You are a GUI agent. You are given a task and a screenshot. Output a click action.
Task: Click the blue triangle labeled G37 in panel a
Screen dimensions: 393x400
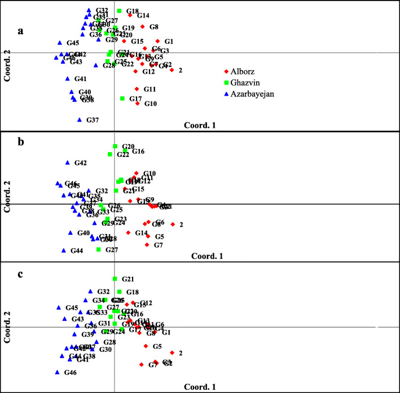click(x=80, y=119)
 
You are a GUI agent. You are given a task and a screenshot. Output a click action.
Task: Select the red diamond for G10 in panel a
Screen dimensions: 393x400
click(x=138, y=104)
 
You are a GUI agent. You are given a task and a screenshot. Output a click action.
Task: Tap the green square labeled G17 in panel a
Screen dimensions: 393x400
click(x=122, y=99)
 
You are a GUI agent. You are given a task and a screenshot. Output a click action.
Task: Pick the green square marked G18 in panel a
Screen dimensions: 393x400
click(x=119, y=11)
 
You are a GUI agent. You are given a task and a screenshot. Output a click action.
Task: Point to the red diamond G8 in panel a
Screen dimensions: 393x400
click(x=142, y=26)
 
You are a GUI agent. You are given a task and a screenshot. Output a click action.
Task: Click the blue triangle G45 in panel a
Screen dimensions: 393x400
click(x=59, y=43)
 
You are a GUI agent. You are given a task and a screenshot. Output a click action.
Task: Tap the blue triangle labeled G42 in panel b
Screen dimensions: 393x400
click(x=67, y=163)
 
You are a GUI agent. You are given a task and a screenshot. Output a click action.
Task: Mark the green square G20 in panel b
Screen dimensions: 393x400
click(x=115, y=146)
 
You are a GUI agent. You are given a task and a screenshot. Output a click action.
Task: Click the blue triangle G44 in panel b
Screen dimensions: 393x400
click(x=64, y=250)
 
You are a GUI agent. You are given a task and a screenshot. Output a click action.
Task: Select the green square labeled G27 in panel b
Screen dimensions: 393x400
click(x=99, y=249)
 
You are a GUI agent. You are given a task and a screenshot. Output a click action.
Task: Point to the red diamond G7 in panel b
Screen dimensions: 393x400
click(x=147, y=245)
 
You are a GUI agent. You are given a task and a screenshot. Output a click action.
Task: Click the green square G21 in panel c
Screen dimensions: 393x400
click(x=115, y=279)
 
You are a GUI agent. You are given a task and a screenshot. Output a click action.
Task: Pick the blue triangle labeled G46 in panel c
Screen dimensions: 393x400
click(x=58, y=372)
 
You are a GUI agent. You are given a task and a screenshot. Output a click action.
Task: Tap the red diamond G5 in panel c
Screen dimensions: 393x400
click(x=146, y=346)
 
